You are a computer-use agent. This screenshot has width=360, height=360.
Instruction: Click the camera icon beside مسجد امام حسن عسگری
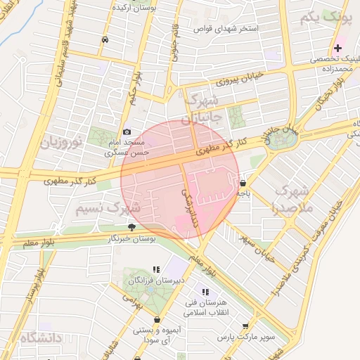tap(127, 131)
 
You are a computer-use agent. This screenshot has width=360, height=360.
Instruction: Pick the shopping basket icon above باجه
tap(243, 182)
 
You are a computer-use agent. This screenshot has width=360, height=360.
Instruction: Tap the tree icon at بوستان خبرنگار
tap(131, 227)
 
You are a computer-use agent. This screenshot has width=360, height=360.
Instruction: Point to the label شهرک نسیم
tap(109, 209)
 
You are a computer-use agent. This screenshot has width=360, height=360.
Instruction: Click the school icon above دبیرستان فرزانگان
tap(156, 269)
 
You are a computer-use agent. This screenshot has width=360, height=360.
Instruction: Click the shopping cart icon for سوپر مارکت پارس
tap(245, 327)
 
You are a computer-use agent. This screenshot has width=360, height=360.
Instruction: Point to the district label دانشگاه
tap(41, 338)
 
